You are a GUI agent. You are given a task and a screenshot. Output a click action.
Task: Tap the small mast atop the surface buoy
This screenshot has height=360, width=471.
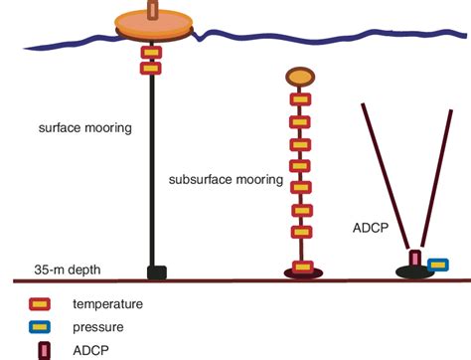[152, 9]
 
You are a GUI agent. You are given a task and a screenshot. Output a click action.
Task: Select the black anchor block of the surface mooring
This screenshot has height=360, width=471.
[156, 271]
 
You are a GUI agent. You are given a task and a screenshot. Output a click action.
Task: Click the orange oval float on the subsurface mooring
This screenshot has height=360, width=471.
[299, 76]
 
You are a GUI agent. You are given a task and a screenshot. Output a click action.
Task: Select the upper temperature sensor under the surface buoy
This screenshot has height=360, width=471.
[152, 51]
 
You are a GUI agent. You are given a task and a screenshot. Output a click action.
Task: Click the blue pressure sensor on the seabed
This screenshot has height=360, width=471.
[437, 266]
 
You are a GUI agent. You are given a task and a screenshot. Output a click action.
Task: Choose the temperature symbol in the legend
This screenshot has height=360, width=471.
[41, 303]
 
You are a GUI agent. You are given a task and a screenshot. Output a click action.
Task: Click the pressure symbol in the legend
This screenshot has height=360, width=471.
[41, 325]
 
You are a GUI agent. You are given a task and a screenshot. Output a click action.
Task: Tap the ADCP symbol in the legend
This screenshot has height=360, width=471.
[41, 348]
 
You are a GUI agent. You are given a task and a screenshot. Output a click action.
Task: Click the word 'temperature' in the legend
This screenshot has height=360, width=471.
[107, 303]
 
